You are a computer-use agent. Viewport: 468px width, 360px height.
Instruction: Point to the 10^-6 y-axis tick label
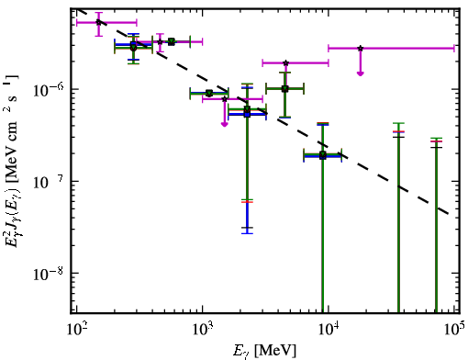(48, 89)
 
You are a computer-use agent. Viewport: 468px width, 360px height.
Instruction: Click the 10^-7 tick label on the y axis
(48, 181)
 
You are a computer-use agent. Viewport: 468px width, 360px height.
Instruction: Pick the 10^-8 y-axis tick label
(48, 273)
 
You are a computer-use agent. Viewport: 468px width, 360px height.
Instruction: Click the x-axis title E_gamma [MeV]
(264, 351)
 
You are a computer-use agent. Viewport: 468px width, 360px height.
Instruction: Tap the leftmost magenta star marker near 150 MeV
(98, 22)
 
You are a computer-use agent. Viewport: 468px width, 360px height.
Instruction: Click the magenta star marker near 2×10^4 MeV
(361, 48)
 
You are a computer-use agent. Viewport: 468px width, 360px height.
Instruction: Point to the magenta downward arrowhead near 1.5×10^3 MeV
(225, 124)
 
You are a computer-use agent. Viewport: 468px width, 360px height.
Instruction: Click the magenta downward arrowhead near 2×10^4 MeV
(361, 73)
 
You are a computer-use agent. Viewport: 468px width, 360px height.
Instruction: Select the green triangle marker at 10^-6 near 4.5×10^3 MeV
(284, 89)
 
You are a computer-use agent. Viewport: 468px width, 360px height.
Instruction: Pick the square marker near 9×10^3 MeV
(322, 155)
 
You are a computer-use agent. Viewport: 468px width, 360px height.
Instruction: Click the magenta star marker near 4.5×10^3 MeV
(285, 63)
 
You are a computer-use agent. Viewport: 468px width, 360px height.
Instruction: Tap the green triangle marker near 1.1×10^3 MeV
(209, 93)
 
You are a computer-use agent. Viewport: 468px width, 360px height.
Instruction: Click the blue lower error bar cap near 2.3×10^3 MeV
(247, 233)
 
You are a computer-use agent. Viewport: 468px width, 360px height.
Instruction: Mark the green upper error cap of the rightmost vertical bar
(436, 138)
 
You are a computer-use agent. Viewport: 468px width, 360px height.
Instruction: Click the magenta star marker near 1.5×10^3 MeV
(225, 99)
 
